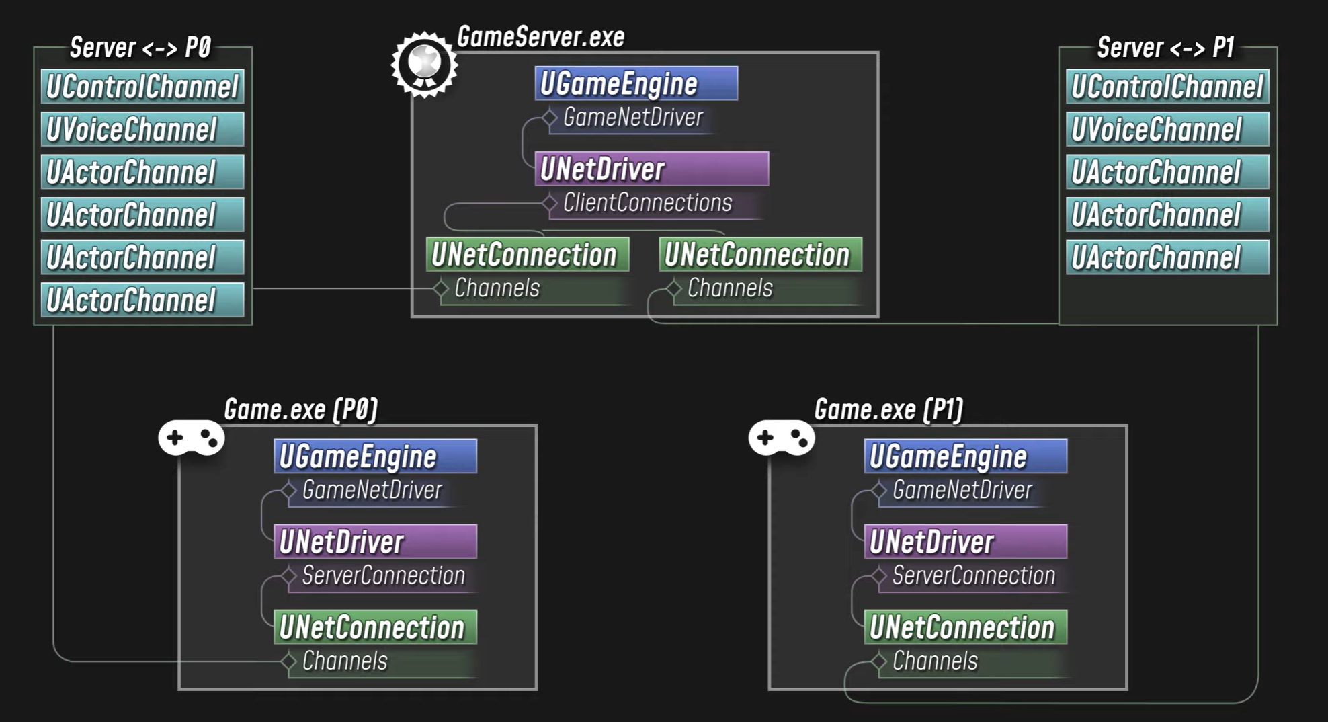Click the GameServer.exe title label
pyautogui.click(x=540, y=37)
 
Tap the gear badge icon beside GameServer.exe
pyautogui.click(x=424, y=65)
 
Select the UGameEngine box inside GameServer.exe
pyautogui.click(x=636, y=83)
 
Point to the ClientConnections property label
pyautogui.click(x=647, y=202)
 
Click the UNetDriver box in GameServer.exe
pyautogui.click(x=652, y=169)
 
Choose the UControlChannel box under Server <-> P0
pyautogui.click(x=142, y=87)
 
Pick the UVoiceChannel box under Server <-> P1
pyautogui.click(x=1167, y=129)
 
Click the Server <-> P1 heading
pyautogui.click(x=1165, y=48)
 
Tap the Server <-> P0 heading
pyautogui.click(x=140, y=48)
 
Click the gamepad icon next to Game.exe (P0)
pyautogui.click(x=192, y=438)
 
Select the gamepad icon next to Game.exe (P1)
pyautogui.click(x=782, y=438)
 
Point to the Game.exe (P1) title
pyautogui.click(x=888, y=409)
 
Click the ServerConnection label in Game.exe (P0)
pyautogui.click(x=383, y=575)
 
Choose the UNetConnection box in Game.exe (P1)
pyautogui.click(x=965, y=627)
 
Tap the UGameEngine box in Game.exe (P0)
pyautogui.click(x=376, y=456)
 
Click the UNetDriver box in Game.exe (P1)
pyautogui.click(x=965, y=542)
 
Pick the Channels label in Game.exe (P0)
pyautogui.click(x=345, y=661)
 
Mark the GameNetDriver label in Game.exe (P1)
pyautogui.click(x=962, y=490)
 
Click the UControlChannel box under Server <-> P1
pyautogui.click(x=1167, y=87)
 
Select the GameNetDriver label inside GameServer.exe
pyautogui.click(x=633, y=117)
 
